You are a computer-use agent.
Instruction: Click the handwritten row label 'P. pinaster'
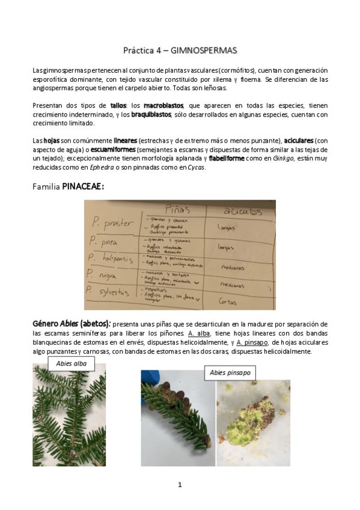coord(113,224)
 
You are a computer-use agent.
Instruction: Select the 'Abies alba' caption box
coord(72,363)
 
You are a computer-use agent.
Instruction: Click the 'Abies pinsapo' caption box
coord(230,373)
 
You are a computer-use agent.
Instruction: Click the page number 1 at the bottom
coord(180,485)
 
